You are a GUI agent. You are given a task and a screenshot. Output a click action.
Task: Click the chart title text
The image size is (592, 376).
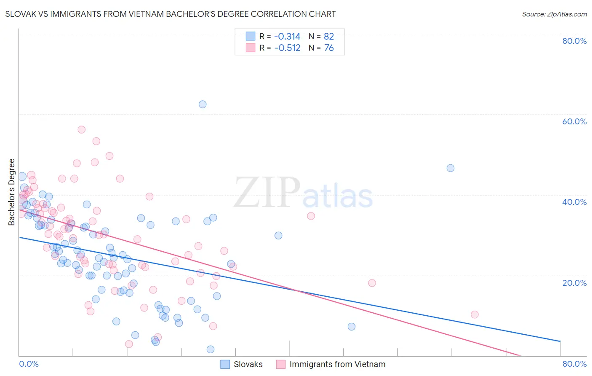[x=171, y=14]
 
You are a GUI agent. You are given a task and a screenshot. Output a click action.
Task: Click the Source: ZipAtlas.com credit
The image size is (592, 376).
[x=554, y=14]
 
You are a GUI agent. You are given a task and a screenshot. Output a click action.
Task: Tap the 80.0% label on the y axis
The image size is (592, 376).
[x=574, y=41]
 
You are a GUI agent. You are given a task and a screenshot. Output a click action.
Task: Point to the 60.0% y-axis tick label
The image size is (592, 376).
[x=574, y=121]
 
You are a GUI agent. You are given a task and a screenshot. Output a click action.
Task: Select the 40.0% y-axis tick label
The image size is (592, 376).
[x=574, y=202]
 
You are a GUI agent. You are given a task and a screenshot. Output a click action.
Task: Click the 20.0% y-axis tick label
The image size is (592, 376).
[x=574, y=282]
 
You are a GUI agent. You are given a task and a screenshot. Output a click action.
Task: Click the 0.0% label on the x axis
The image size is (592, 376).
[x=29, y=364]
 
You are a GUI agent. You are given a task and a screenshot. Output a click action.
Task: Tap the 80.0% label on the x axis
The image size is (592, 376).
[x=574, y=364]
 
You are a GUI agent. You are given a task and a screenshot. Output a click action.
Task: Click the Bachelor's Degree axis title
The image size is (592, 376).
[x=12, y=192]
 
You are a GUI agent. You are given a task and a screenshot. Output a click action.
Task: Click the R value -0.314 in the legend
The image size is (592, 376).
[x=287, y=36]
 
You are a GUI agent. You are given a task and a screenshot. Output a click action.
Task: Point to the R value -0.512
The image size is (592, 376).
[x=287, y=48]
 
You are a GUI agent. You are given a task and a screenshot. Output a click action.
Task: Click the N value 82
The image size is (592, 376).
[x=328, y=36]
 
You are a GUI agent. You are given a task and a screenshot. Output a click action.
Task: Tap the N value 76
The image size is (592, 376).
[x=328, y=48]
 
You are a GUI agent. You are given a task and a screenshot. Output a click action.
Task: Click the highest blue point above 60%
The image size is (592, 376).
[x=203, y=104]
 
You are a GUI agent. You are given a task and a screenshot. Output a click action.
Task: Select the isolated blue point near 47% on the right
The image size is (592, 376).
[x=451, y=168]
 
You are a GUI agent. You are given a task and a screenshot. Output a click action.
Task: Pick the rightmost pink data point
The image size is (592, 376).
[x=475, y=314]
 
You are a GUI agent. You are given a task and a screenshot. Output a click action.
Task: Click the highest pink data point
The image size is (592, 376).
[x=82, y=129]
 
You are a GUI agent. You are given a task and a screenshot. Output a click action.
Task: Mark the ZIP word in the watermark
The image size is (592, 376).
[x=267, y=193]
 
